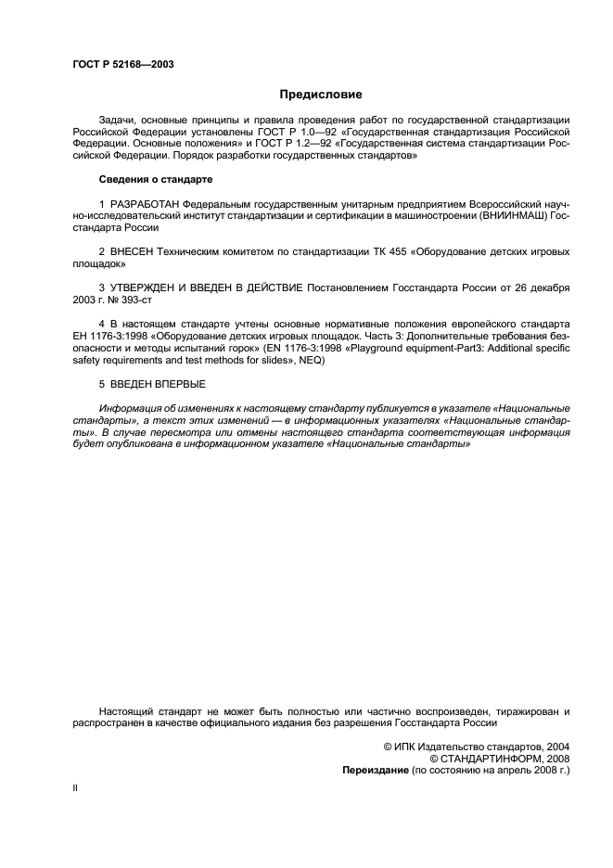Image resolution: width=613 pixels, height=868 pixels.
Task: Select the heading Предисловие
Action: [321, 95]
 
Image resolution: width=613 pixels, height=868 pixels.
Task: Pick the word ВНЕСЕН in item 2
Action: [135, 251]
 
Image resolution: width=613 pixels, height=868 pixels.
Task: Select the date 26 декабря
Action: [539, 287]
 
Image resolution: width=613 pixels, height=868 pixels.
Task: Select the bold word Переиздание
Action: [376, 770]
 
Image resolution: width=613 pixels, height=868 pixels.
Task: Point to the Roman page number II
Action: [75, 788]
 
